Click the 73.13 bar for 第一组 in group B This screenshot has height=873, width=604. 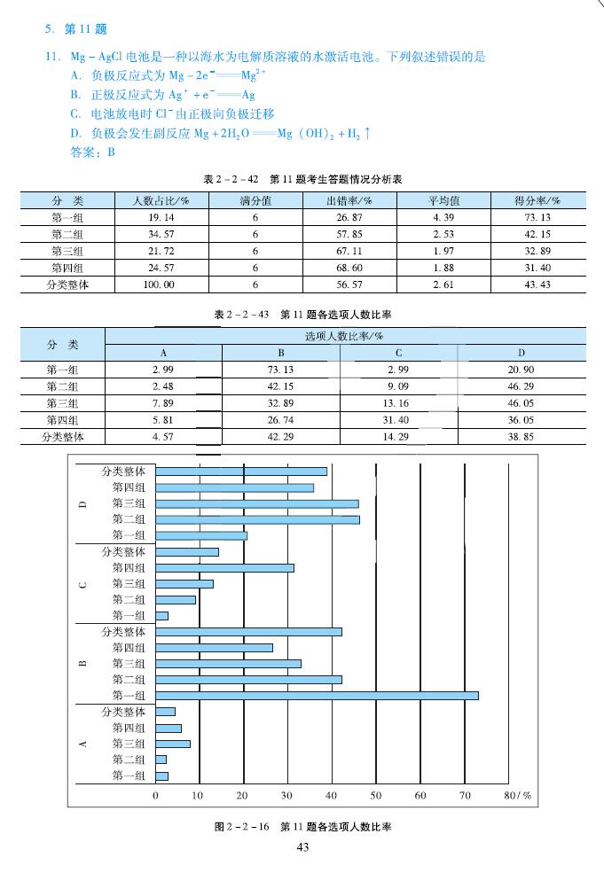click(317, 696)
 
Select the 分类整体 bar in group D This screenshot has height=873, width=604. click(241, 471)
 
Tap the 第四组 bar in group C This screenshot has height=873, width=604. click(224, 567)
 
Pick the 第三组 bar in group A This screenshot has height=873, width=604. click(173, 744)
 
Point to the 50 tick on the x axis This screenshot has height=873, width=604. click(376, 795)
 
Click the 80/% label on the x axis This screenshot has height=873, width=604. click(517, 795)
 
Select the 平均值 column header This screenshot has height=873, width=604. click(443, 201)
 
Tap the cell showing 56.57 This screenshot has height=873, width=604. click(349, 285)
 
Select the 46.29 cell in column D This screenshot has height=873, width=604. click(522, 386)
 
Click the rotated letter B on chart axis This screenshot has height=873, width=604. click(82, 664)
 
